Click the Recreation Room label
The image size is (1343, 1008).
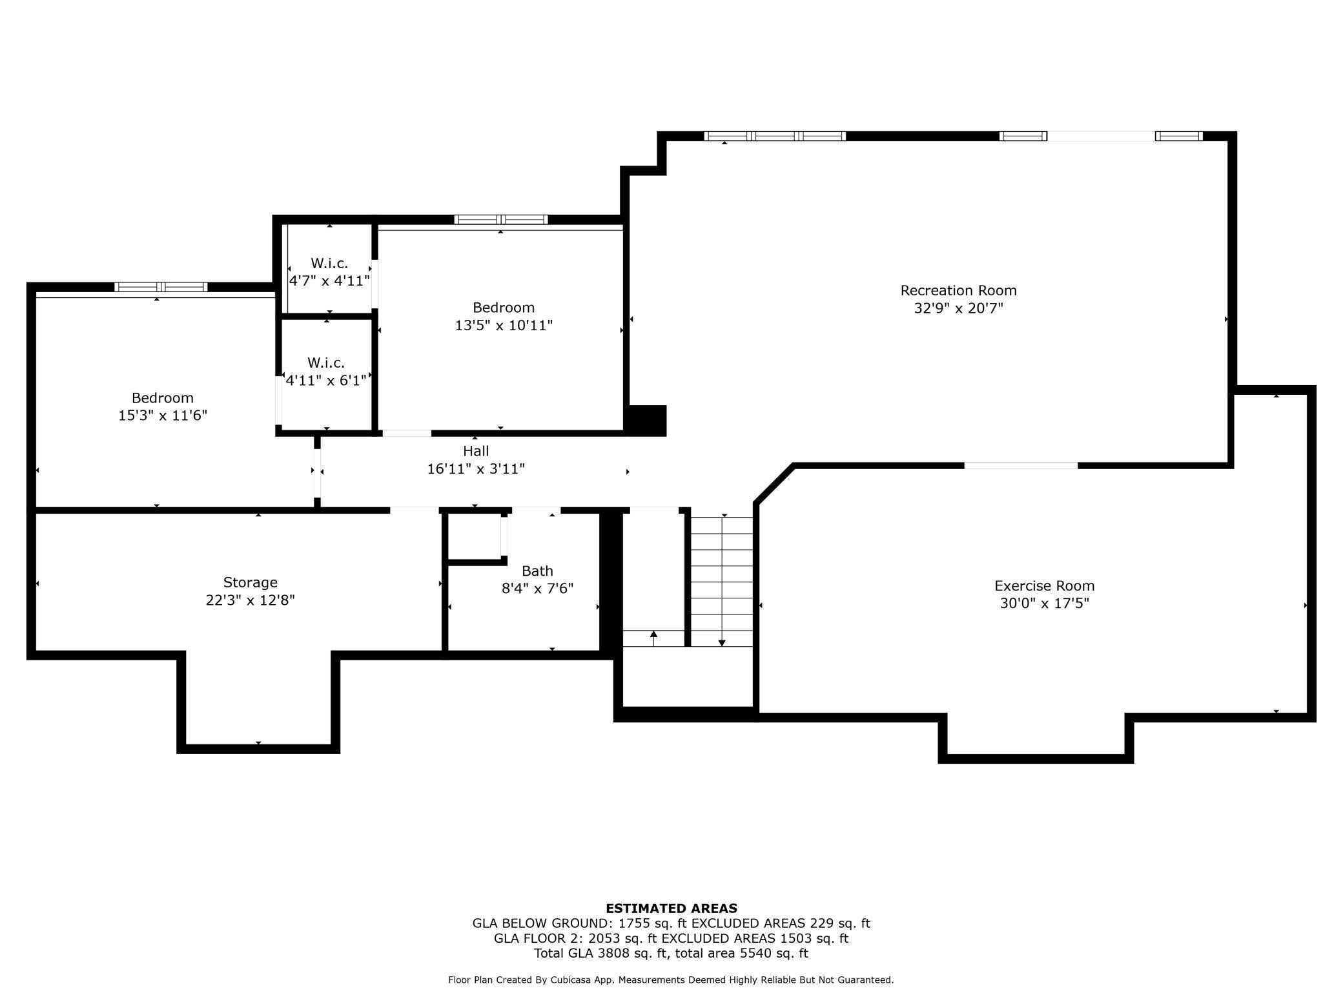958,291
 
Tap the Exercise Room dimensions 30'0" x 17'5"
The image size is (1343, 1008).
1044,604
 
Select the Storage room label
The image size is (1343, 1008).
251,582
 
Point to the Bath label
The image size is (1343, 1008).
537,571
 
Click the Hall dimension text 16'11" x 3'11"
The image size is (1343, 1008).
476,469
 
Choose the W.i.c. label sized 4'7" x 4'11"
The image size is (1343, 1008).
329,264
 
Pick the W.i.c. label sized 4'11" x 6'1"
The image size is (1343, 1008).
326,363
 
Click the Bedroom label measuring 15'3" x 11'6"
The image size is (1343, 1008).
163,398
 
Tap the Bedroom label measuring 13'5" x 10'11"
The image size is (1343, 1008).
504,308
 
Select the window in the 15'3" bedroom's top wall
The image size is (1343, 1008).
161,287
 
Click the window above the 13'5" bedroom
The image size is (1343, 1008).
501,220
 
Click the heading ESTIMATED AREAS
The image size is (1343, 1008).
671,908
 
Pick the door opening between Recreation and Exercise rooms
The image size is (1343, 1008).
1020,465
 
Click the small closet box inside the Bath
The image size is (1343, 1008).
475,536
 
